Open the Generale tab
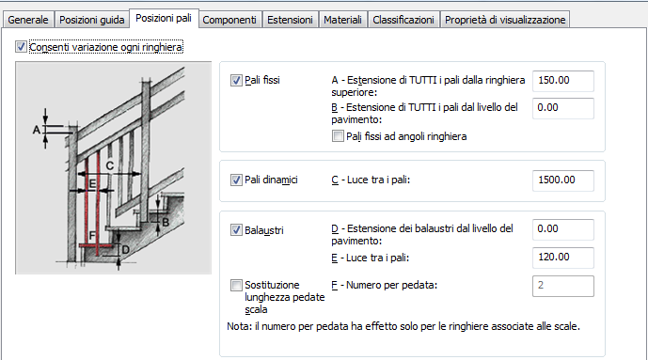27,20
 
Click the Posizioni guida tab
92,20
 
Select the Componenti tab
229,20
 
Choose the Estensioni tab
290,20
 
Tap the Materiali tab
342,20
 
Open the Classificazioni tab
403,20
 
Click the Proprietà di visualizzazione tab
505,20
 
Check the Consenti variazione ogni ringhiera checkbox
21,47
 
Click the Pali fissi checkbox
236,80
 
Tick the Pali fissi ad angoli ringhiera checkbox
338,136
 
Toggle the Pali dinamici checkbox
236,180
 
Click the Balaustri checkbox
236,230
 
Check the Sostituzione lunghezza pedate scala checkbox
236,286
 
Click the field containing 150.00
562,81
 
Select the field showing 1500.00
562,180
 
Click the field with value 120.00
562,258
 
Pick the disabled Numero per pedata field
562,286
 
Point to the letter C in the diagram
109,166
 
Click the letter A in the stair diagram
37,130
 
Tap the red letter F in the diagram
92,236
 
